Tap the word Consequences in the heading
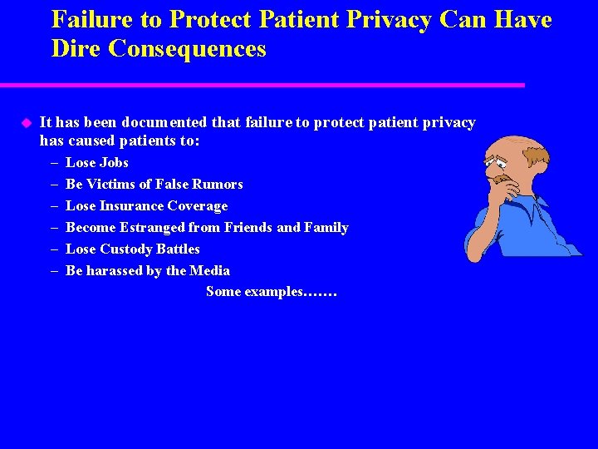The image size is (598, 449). pyautogui.click(x=187, y=48)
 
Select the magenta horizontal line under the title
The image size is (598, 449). pyautogui.click(x=262, y=85)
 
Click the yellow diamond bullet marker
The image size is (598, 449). pyautogui.click(x=25, y=123)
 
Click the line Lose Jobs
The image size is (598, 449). pyautogui.click(x=96, y=162)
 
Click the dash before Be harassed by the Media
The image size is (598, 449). pyautogui.click(x=53, y=270)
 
